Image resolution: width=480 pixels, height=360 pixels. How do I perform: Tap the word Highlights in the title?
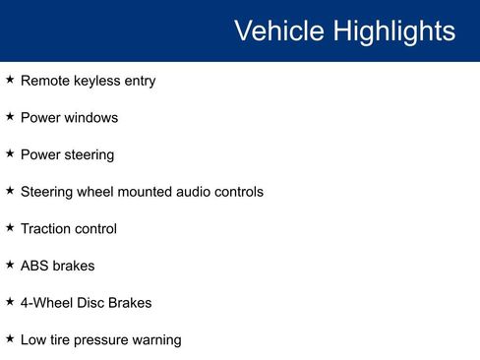click(392, 30)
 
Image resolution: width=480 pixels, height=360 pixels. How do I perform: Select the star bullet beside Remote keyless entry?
click(10, 80)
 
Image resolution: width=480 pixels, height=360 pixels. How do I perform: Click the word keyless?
click(98, 81)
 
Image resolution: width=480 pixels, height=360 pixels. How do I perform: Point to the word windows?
click(90, 117)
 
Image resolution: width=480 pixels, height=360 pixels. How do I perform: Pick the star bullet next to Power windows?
click(10, 116)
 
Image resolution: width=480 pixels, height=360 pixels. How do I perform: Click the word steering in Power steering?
click(90, 154)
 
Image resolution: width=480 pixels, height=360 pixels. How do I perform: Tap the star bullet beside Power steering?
click(10, 153)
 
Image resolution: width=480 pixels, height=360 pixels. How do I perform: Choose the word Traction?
click(45, 228)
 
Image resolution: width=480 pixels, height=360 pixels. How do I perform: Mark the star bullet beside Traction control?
click(10, 227)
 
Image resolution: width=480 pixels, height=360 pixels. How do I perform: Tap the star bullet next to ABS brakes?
click(10, 265)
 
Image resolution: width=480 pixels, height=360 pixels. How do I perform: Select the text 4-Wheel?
click(47, 303)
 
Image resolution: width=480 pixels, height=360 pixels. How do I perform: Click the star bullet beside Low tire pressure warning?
click(10, 338)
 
